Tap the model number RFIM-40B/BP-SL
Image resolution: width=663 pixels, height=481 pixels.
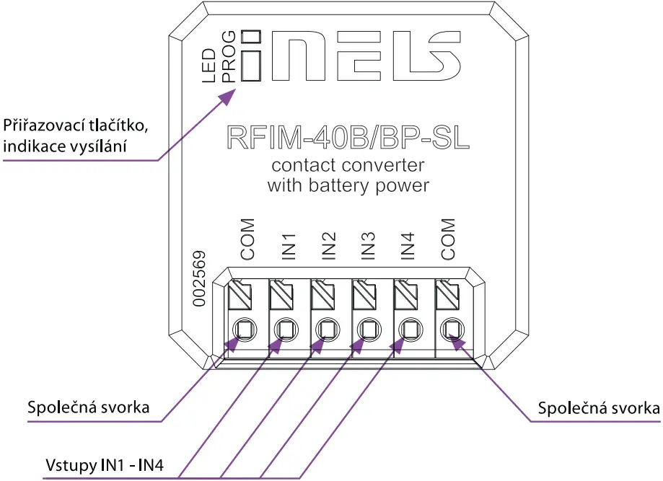click(x=348, y=138)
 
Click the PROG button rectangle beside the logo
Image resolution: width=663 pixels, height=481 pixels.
click(x=250, y=66)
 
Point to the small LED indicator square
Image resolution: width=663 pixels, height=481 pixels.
click(x=250, y=37)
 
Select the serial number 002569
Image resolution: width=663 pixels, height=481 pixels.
click(x=202, y=279)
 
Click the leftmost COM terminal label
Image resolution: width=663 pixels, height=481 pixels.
click(x=248, y=240)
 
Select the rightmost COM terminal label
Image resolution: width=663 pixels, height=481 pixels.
click(x=448, y=240)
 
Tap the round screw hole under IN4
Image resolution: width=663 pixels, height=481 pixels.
click(x=410, y=330)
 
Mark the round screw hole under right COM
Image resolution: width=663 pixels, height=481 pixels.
click(x=452, y=330)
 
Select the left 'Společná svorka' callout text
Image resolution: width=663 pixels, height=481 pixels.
click(x=88, y=407)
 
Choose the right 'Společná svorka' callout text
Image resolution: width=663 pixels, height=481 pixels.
click(x=599, y=407)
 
